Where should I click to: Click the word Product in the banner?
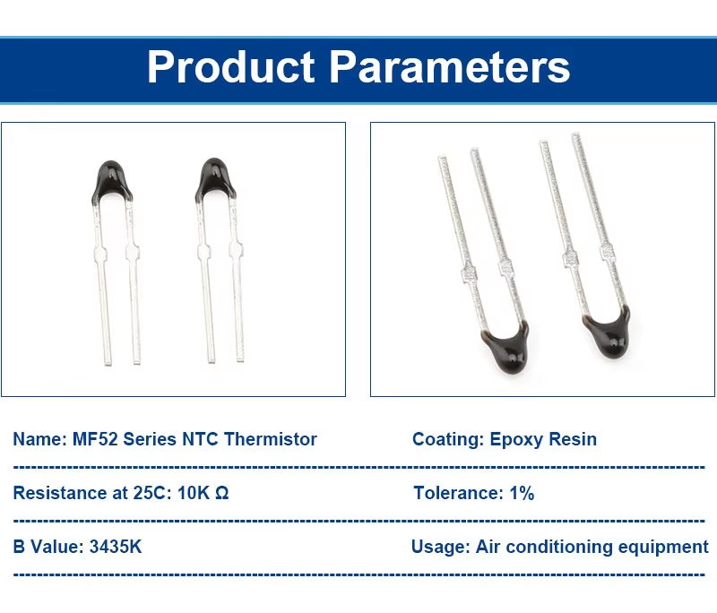(x=231, y=66)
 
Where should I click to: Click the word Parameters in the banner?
(x=450, y=66)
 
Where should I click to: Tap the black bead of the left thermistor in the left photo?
(x=112, y=181)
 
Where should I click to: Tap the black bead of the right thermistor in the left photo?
(x=215, y=179)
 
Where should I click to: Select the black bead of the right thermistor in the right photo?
(x=608, y=333)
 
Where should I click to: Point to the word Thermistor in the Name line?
(x=271, y=439)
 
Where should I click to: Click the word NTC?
(x=200, y=439)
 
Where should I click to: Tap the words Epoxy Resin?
(x=543, y=439)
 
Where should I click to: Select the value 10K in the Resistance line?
(x=194, y=493)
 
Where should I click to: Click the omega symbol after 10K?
(x=221, y=493)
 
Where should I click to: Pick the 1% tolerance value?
(x=522, y=493)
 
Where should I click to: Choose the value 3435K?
(x=116, y=547)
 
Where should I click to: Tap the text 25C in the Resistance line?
(x=152, y=493)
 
